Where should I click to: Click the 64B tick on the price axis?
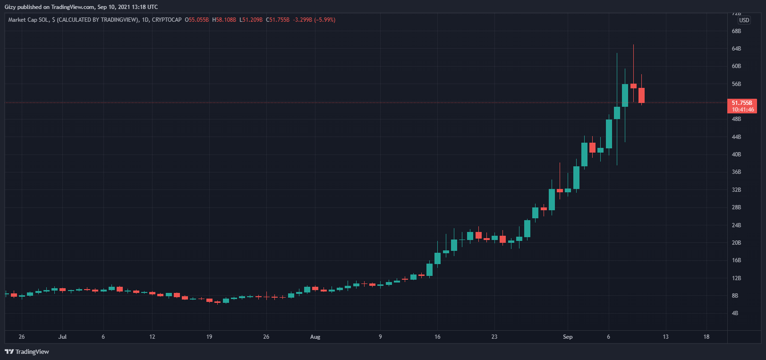736,49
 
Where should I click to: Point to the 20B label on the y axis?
736,243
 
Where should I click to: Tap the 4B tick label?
735,313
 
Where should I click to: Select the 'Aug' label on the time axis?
315,337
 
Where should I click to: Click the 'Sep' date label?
568,337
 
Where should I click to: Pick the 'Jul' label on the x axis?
62,337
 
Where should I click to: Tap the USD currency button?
744,20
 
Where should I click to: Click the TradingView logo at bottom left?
27,351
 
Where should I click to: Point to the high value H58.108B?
224,20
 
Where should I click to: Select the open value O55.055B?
197,20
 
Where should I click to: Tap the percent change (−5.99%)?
325,20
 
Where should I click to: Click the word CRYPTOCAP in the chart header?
167,20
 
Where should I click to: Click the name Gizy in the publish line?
10,7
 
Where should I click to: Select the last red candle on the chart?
641,95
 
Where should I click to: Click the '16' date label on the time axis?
437,337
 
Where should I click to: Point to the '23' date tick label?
494,337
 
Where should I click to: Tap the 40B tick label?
736,154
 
